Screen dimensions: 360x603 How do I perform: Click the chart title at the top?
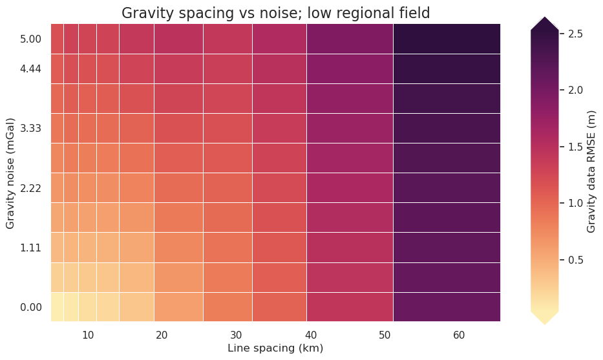tap(275, 13)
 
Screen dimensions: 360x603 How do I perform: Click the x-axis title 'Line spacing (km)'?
tap(275, 348)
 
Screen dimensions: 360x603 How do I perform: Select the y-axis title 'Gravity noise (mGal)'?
tap(10, 173)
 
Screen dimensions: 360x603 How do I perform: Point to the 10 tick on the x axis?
tap(88, 334)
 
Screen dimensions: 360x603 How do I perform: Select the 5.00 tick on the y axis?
tap(31, 39)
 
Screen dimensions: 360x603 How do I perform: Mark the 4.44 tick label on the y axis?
tap(31, 69)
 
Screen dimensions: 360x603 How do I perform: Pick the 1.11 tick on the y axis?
tap(31, 248)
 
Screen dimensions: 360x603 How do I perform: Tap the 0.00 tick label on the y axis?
tap(31, 307)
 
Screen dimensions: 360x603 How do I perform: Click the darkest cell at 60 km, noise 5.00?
tap(447, 39)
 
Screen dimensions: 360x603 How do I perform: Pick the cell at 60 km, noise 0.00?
tap(447, 307)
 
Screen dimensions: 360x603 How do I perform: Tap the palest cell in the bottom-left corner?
tap(57, 307)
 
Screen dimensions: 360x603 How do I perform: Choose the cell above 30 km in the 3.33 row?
tap(227, 128)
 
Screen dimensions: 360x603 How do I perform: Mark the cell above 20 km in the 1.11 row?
tap(178, 248)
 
